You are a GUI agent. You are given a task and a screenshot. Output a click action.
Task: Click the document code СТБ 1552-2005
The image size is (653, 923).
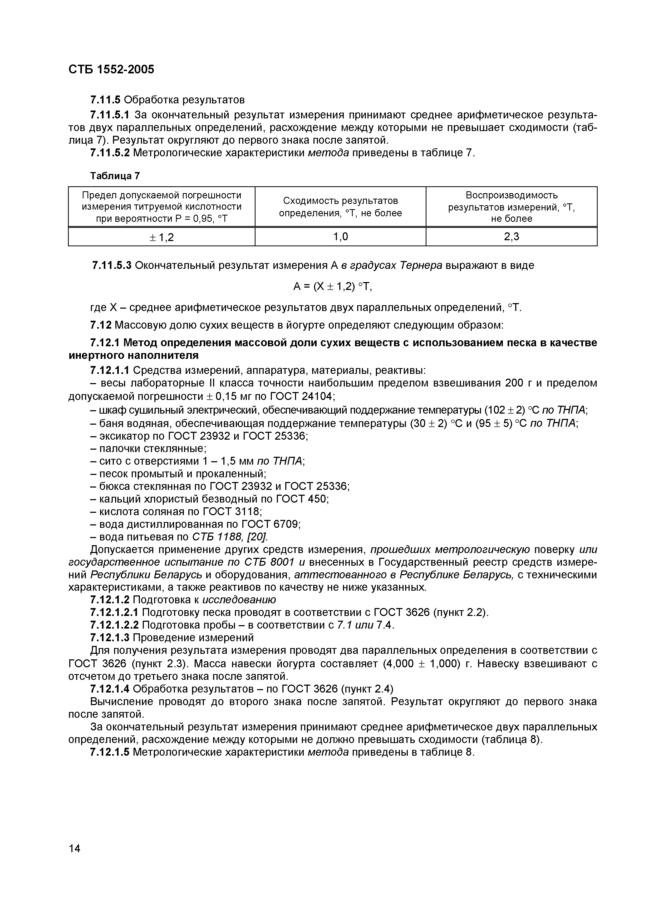[111, 69]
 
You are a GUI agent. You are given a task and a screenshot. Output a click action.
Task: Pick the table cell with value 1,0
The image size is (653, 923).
[340, 237]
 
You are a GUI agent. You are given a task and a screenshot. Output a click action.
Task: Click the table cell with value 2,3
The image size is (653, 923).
[511, 237]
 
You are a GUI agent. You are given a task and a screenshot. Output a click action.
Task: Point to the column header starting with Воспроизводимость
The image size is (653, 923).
[511, 207]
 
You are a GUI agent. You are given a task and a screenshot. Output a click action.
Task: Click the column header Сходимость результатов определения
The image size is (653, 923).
[340, 207]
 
